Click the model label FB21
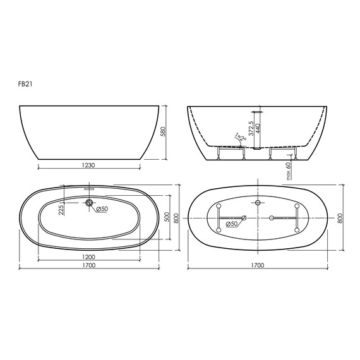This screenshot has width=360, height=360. (25, 84)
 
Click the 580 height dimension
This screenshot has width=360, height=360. (163, 131)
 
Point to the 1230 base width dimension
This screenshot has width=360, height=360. (88, 165)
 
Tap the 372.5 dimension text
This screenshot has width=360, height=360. (251, 128)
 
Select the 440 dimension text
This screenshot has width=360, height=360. (258, 129)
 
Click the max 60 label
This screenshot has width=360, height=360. (289, 171)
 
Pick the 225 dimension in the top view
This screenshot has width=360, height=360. (61, 210)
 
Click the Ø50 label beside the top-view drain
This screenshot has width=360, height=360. (102, 209)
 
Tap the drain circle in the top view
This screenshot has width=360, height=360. (89, 203)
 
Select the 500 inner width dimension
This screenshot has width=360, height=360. (167, 217)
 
